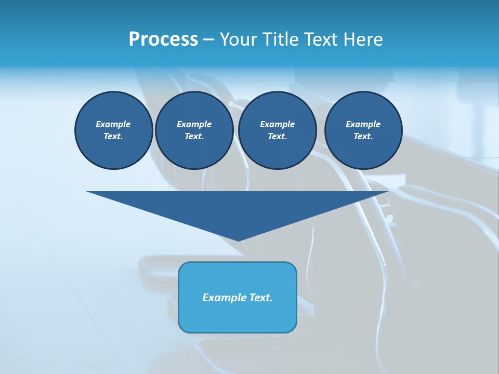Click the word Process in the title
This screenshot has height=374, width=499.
tap(163, 39)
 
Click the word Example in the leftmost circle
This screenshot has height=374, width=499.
tap(113, 124)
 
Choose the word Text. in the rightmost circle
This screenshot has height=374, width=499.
tap(363, 136)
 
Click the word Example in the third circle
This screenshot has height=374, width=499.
tap(277, 124)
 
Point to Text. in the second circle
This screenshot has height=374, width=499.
tap(194, 136)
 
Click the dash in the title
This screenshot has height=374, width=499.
tap(209, 40)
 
